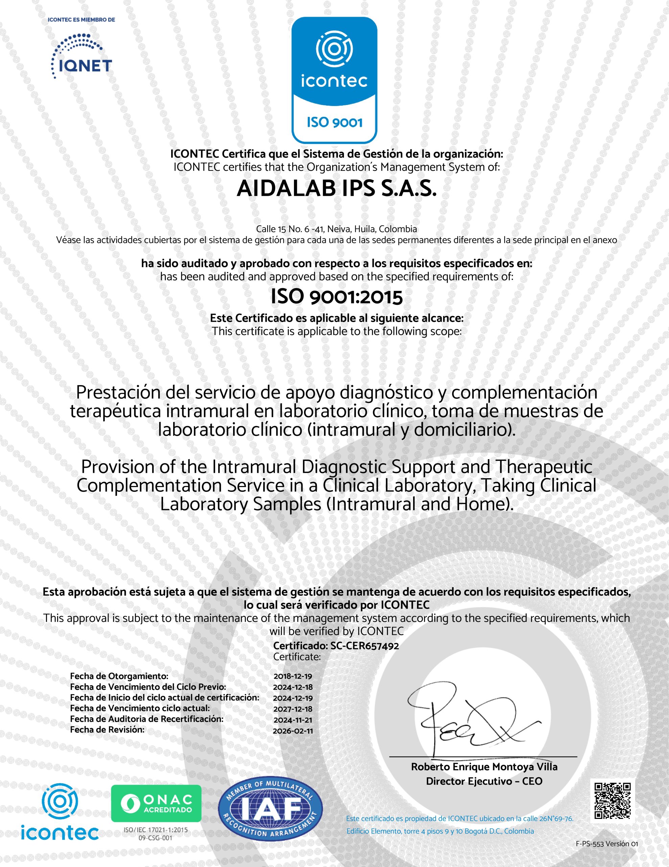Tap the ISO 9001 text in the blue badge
point(334,122)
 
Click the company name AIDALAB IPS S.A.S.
point(336,189)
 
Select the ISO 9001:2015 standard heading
point(336,297)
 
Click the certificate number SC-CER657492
point(365,646)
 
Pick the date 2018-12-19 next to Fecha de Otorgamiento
point(293,676)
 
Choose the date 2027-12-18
point(293,709)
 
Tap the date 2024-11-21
point(293,720)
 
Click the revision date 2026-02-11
point(293,731)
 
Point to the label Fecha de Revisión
point(107,729)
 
